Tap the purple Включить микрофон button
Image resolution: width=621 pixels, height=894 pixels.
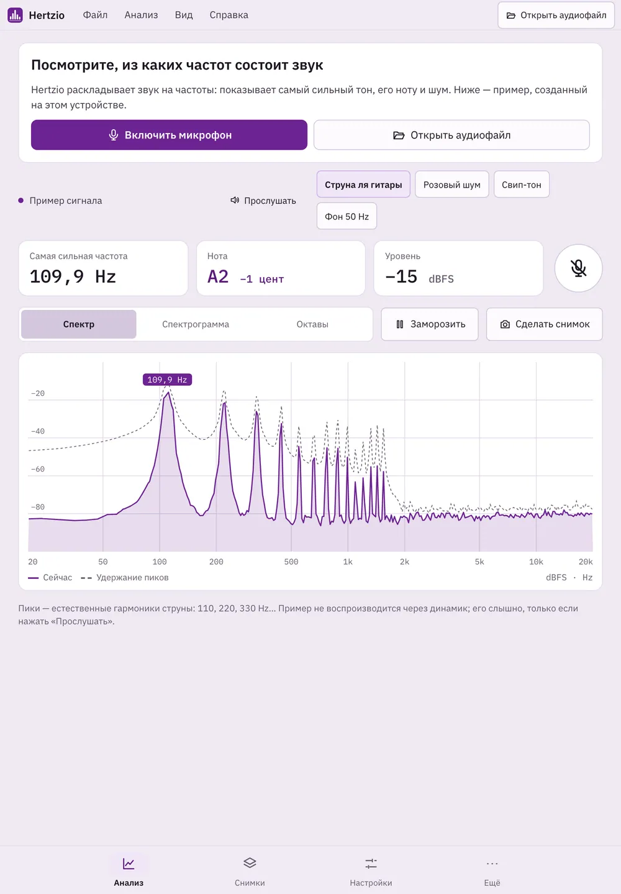pyautogui.click(x=169, y=135)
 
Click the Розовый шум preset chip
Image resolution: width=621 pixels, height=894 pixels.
pyautogui.click(x=451, y=185)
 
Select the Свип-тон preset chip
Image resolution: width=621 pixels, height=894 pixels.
pyautogui.click(x=521, y=185)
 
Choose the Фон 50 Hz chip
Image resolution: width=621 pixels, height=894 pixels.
pyautogui.click(x=347, y=216)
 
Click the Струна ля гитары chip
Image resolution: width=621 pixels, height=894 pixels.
pyautogui.click(x=363, y=185)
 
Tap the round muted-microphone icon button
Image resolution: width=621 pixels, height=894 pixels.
pyautogui.click(x=578, y=268)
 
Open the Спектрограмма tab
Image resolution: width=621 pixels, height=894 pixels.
pyautogui.click(x=196, y=324)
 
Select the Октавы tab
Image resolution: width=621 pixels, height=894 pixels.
pyautogui.click(x=312, y=324)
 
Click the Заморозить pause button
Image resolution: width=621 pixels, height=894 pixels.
pyautogui.click(x=430, y=324)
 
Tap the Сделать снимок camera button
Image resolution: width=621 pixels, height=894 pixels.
pyautogui.click(x=545, y=324)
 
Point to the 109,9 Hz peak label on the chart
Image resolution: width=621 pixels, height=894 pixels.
pyautogui.click(x=167, y=380)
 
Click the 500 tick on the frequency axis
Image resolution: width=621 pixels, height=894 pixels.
pyautogui.click(x=291, y=562)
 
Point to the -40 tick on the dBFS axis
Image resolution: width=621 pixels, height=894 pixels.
pyautogui.click(x=37, y=431)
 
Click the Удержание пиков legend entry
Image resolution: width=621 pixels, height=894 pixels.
pyautogui.click(x=124, y=578)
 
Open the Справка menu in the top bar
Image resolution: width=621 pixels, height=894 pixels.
pyautogui.click(x=229, y=15)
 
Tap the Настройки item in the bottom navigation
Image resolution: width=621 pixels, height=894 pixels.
pyautogui.click(x=371, y=871)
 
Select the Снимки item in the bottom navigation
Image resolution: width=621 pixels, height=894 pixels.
pyautogui.click(x=250, y=871)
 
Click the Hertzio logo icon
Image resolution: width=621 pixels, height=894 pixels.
pyautogui.click(x=15, y=15)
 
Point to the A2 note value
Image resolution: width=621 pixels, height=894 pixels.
pyautogui.click(x=218, y=276)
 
